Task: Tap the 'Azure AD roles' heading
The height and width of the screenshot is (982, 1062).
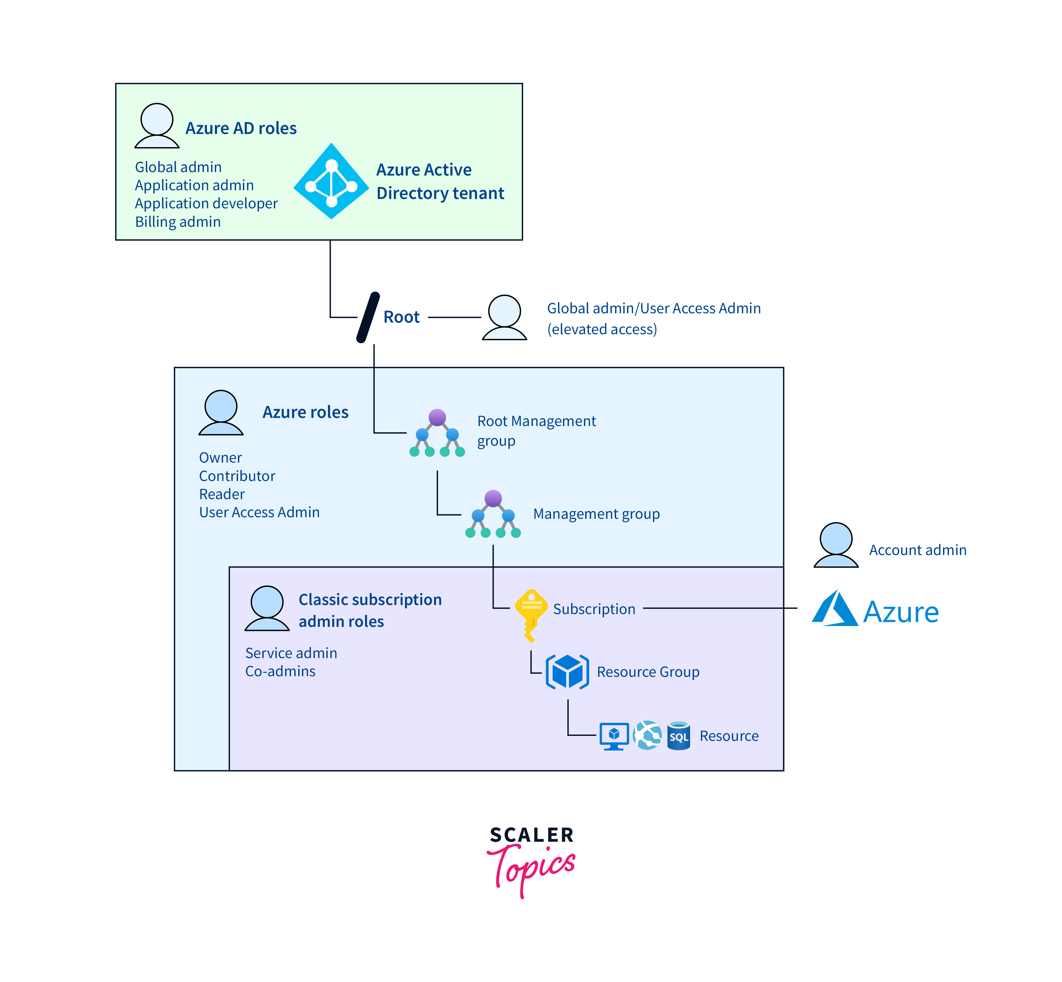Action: click(x=241, y=128)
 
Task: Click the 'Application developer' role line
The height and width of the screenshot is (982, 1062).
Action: click(x=206, y=204)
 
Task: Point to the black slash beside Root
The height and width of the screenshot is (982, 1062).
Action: click(x=368, y=317)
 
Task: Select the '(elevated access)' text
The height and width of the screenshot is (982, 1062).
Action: click(x=602, y=330)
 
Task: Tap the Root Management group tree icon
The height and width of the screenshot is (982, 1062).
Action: click(x=437, y=433)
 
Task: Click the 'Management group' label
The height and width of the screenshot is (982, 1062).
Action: click(x=596, y=514)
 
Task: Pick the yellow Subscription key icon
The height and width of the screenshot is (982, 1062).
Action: click(x=531, y=613)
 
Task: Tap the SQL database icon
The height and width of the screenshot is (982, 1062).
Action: click(x=679, y=736)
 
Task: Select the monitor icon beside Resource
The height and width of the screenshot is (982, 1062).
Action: click(x=614, y=736)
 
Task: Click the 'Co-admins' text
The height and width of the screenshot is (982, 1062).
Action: click(x=280, y=671)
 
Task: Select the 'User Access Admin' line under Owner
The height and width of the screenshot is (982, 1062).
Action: click(x=259, y=512)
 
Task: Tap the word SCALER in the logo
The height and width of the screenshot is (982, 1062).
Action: click(x=531, y=835)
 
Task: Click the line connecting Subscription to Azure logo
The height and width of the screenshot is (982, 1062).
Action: click(x=720, y=608)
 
